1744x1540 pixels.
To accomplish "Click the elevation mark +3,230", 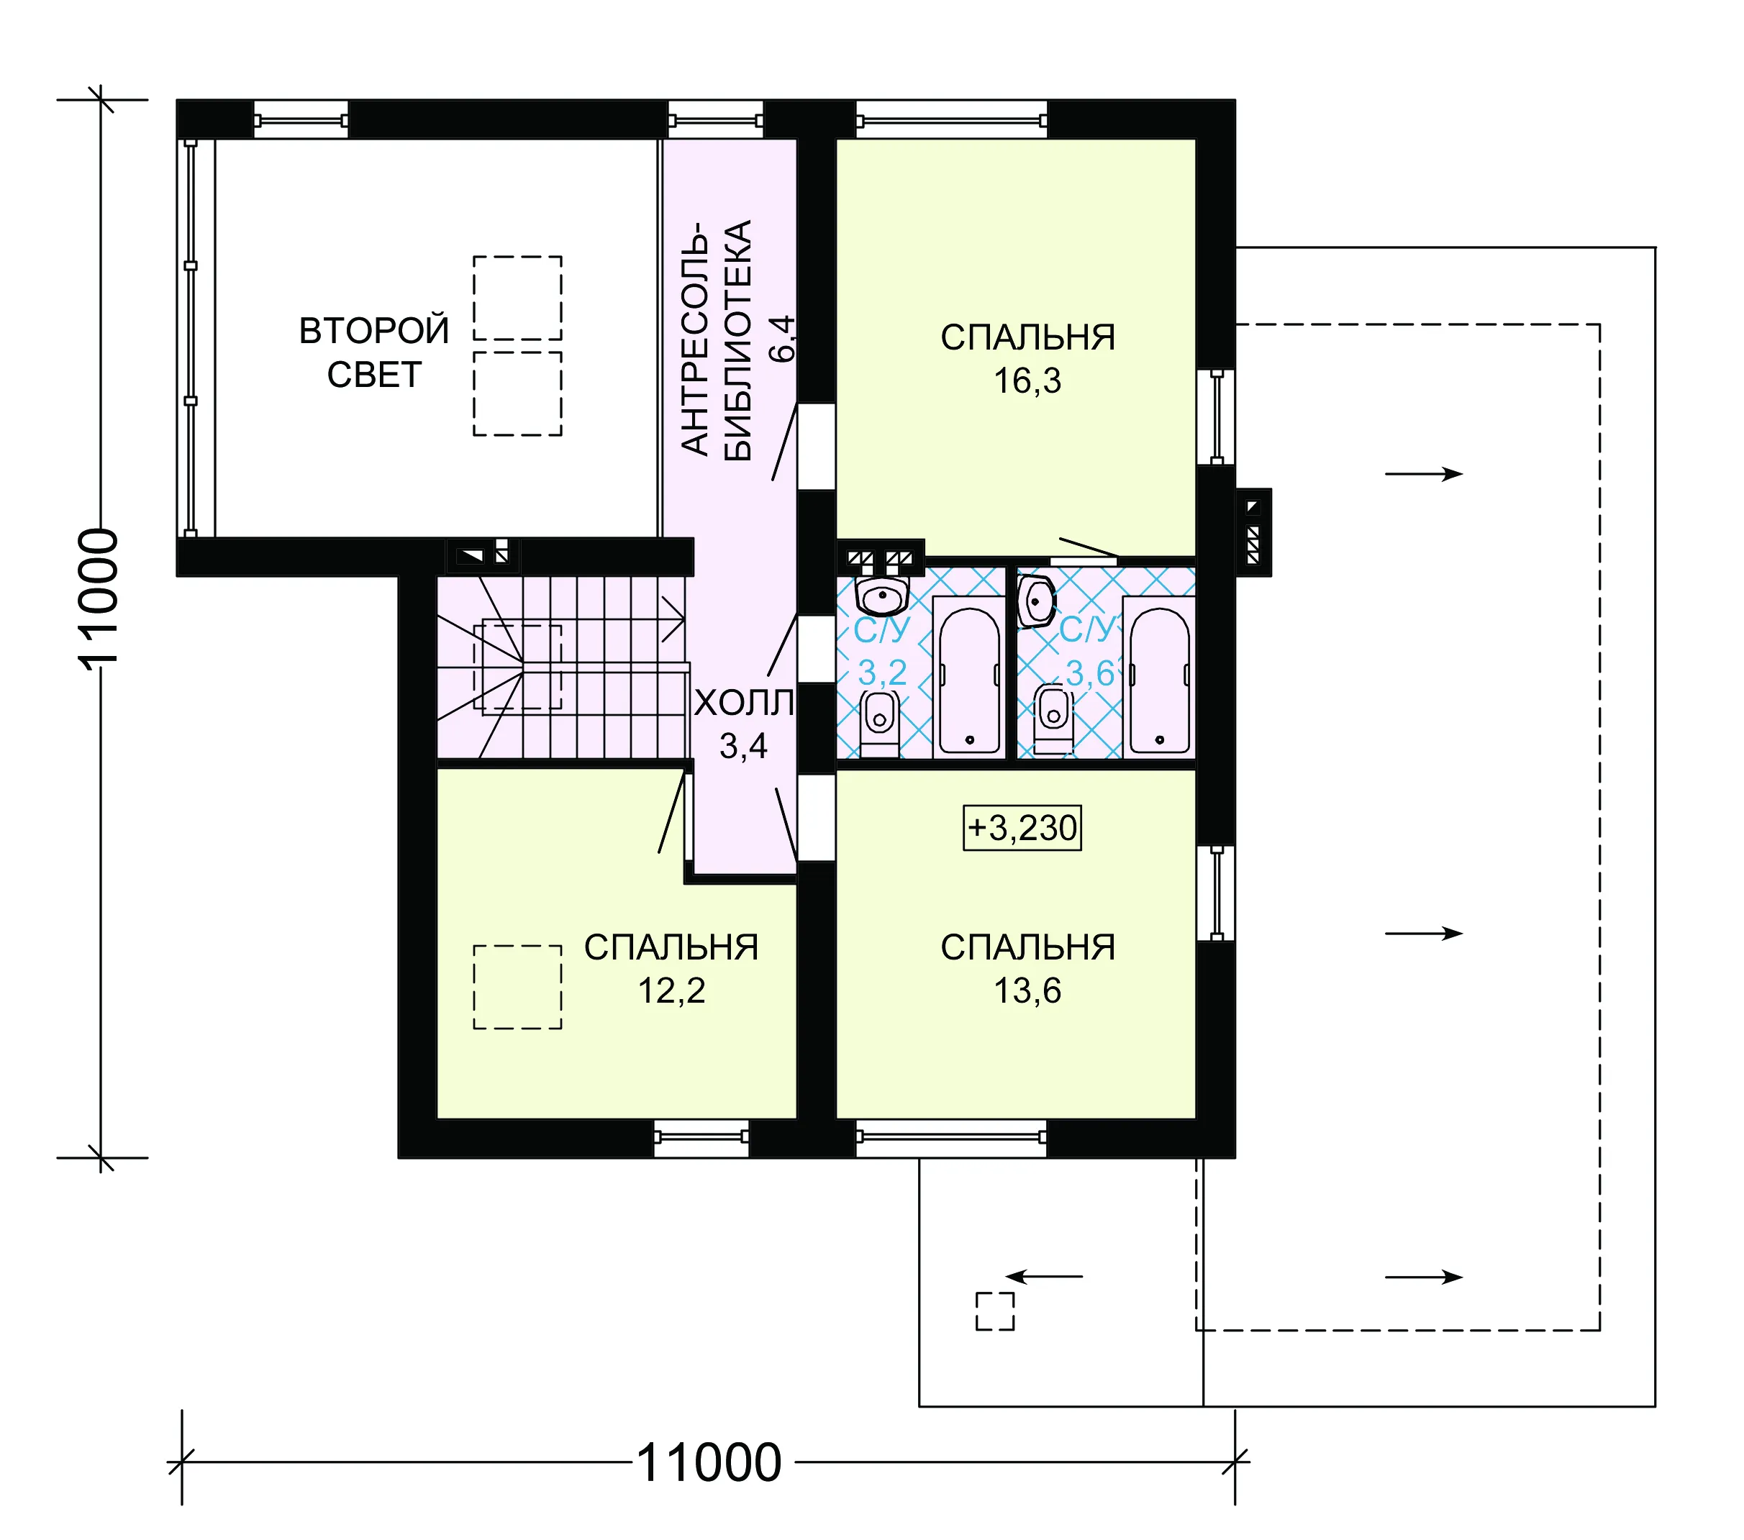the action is [1022, 828].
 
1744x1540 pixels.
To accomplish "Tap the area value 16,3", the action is [1027, 381].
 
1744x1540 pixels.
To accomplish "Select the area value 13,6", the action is [1027, 990].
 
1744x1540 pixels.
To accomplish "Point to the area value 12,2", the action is [671, 990].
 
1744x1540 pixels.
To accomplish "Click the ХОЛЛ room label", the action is [744, 703].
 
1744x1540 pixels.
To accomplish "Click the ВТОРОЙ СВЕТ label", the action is [373, 352].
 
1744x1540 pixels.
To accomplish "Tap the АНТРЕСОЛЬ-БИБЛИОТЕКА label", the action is [717, 340].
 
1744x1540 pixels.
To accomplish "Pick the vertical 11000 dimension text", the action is [99, 600].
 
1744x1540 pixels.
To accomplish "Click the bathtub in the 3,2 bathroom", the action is [969, 678].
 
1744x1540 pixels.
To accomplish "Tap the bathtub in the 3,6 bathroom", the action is [1158, 678].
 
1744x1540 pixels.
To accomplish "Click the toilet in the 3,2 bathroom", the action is [880, 724].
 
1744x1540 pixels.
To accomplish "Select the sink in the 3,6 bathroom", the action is [1036, 601].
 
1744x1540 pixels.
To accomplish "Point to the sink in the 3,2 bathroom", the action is [882, 596].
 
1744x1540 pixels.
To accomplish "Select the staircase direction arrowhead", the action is [674, 619].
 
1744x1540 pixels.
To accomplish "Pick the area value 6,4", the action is [782, 339].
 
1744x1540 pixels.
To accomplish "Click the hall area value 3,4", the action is [743, 747].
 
